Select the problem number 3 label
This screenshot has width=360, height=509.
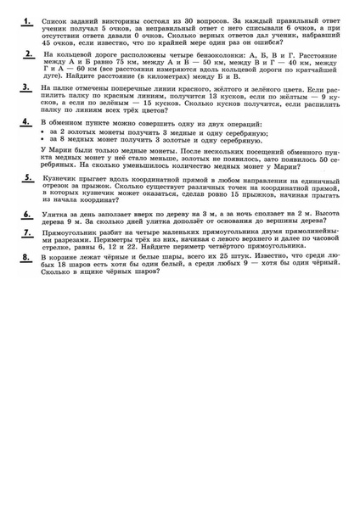click(x=27, y=87)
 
